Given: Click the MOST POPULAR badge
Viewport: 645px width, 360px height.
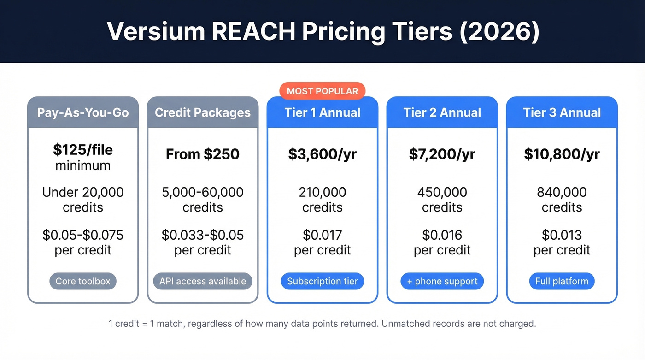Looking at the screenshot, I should [x=322, y=91].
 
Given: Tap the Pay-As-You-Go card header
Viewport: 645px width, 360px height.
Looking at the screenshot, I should [x=83, y=112].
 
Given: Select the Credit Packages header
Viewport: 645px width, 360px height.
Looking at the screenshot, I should [x=203, y=112].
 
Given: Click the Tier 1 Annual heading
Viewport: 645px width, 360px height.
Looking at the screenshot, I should [x=322, y=112].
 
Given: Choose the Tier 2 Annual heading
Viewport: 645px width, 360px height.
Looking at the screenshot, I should [x=442, y=112].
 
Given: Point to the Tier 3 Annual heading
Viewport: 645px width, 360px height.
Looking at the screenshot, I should [x=562, y=112].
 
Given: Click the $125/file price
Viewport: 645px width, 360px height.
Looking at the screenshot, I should [x=83, y=150].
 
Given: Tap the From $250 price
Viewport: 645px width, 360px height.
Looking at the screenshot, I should [x=203, y=154].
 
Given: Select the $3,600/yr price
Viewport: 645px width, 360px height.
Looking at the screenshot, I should [x=322, y=154].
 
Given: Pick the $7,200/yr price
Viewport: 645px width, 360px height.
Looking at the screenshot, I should [x=442, y=154].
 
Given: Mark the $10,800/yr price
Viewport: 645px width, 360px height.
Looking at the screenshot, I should [x=562, y=154].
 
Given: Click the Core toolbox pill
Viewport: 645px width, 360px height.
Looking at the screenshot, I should [x=83, y=281].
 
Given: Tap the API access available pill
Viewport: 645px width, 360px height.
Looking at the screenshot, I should [x=203, y=281].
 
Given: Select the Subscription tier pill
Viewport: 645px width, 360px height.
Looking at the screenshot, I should [x=322, y=281].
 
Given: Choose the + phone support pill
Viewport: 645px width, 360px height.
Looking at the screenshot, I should [x=442, y=281].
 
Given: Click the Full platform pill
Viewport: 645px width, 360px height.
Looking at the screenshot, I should [x=562, y=281].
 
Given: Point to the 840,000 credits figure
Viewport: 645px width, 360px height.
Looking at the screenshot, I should [x=562, y=200].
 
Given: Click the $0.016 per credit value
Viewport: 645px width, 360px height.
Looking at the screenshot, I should [x=442, y=242].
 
